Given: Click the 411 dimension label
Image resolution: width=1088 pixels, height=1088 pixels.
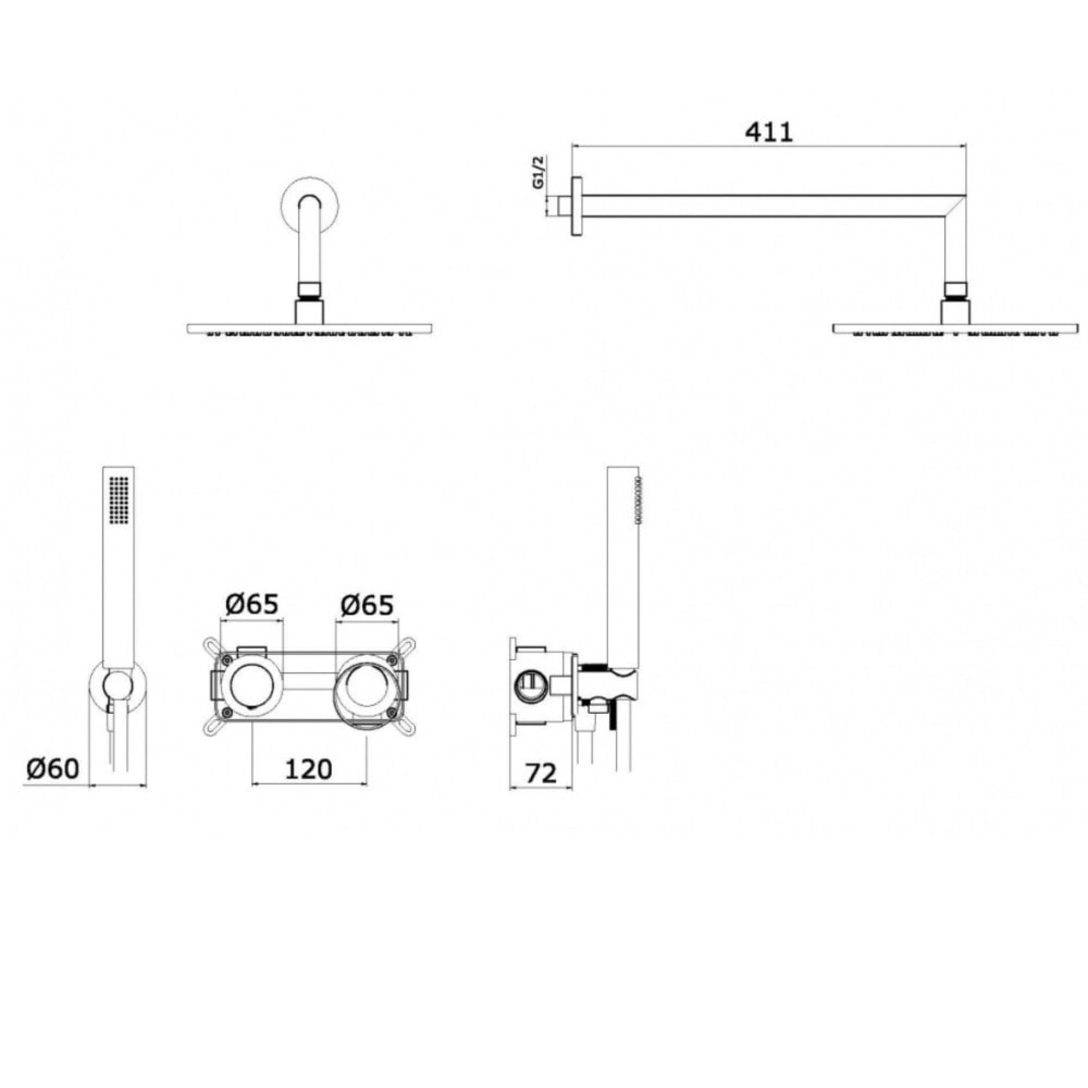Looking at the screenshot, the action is click(x=769, y=132).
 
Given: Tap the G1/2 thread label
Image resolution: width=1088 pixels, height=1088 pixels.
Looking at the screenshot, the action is click(x=539, y=173).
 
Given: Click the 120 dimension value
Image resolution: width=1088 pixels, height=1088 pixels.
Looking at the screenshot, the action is click(x=309, y=769).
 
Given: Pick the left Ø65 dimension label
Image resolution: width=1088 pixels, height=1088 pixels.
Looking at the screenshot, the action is click(x=252, y=604).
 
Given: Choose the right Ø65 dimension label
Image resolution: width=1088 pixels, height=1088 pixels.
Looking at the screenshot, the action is click(x=367, y=605).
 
